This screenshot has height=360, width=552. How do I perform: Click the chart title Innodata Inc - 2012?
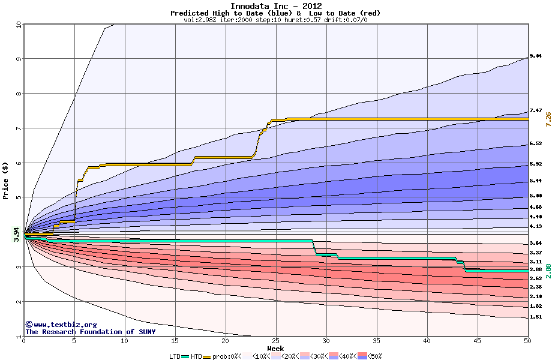point(275,5)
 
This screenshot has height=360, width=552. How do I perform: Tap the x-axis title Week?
point(275,349)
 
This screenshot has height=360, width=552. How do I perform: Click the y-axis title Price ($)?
point(5,181)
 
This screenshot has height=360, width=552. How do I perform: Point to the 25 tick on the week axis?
point(276,341)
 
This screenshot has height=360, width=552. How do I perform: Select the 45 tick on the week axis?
point(478,341)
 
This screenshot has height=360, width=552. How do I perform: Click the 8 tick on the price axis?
point(19,94)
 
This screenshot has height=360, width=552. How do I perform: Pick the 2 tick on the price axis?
point(19,302)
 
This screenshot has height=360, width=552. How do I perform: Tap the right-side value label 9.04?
point(536,56)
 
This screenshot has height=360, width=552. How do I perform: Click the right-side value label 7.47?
point(536,110)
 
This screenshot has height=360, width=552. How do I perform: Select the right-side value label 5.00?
point(536,196)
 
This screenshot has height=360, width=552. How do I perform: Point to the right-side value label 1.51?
point(536,317)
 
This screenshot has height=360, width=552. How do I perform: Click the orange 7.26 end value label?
point(548,119)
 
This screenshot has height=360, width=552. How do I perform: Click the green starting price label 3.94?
point(16,235)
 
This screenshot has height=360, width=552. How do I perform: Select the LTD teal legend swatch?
point(185,357)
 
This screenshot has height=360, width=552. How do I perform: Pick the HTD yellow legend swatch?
point(206,357)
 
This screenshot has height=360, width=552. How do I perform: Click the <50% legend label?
point(374,356)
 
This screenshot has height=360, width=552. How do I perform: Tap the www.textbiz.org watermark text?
point(61,325)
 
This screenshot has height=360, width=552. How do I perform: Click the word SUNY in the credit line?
point(147,332)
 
